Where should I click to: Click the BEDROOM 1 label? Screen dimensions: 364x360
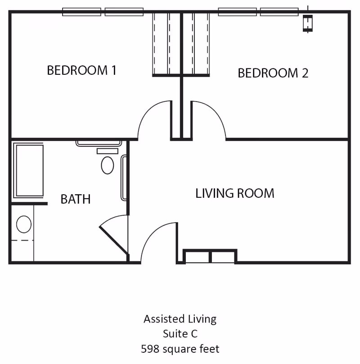point(81,70)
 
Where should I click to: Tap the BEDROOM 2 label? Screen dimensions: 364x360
point(273,73)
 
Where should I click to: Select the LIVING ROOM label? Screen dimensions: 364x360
point(234,193)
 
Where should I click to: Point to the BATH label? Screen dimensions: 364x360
point(76,199)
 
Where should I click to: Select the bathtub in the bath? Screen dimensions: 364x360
point(28,170)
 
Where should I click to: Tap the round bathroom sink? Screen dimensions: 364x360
point(23,224)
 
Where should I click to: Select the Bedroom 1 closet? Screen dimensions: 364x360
point(166,44)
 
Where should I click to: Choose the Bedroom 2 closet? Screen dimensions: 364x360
point(196,44)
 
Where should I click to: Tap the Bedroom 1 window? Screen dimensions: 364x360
point(103,12)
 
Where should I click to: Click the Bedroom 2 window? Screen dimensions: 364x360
point(258,12)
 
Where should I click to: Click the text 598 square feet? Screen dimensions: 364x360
point(180,349)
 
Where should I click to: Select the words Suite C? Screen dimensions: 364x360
point(180,334)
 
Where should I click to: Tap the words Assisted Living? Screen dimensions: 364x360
point(180,319)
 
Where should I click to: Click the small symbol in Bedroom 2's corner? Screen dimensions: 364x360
point(308,23)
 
